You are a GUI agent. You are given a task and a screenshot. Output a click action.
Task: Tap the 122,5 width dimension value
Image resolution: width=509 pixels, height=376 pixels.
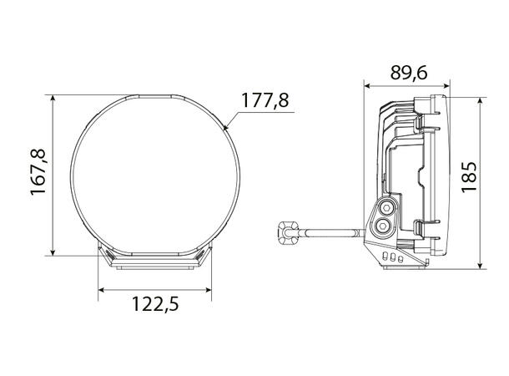tap(156, 302)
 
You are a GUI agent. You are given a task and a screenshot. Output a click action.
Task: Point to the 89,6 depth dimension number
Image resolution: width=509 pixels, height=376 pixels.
tap(408, 73)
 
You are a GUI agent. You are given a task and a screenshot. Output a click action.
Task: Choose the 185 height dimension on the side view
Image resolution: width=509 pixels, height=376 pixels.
tap(469, 176)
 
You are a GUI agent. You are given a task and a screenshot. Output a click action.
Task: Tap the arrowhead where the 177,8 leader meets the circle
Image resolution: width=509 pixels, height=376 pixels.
tap(228, 127)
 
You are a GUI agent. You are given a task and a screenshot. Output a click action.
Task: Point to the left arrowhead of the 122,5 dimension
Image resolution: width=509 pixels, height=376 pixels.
tap(102, 290)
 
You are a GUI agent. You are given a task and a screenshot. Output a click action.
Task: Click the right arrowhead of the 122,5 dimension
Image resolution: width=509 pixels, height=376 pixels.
tap(208, 290)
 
